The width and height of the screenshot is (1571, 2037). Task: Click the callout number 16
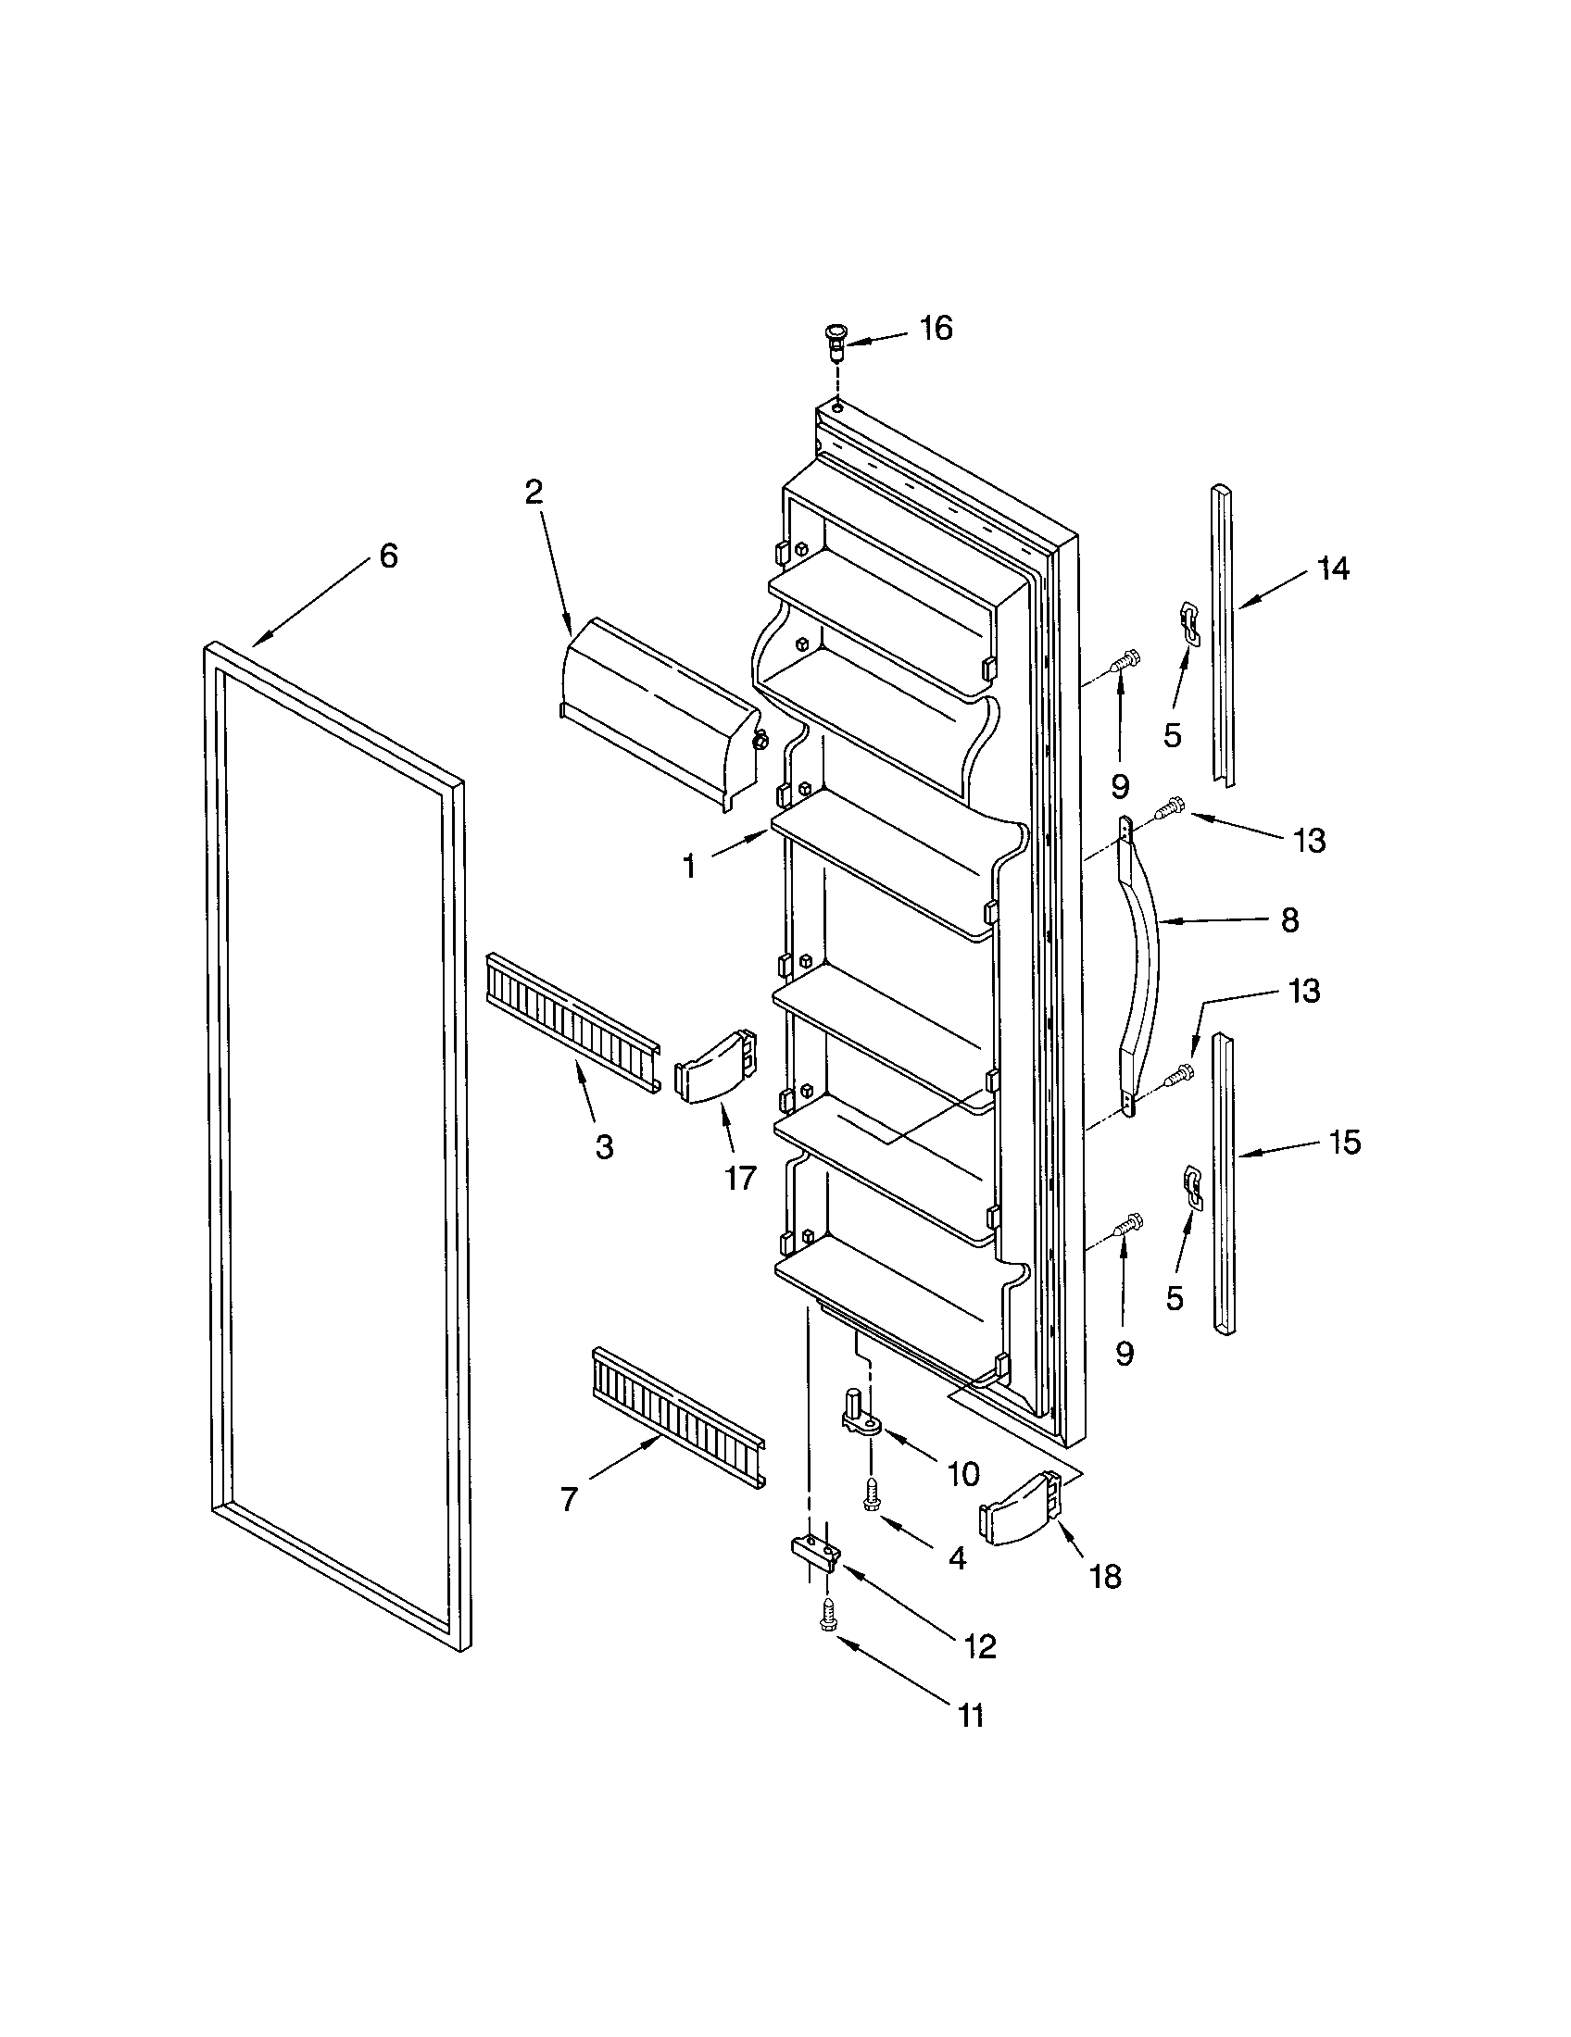pyautogui.click(x=936, y=329)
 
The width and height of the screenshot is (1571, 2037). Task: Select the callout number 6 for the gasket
pyautogui.click(x=388, y=556)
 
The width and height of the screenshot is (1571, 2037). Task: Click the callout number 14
pyautogui.click(x=1334, y=568)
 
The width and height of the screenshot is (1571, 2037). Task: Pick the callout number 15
pyautogui.click(x=1344, y=1143)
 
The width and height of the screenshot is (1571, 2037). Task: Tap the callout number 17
pyautogui.click(x=740, y=1179)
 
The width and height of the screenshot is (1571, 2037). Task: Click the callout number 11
pyautogui.click(x=971, y=1715)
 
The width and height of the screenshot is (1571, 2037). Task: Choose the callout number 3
pyautogui.click(x=604, y=1147)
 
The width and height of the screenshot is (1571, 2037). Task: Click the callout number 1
pyautogui.click(x=688, y=868)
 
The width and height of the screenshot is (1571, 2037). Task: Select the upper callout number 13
pyautogui.click(x=1310, y=841)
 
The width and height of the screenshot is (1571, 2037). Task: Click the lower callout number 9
pyautogui.click(x=1125, y=1354)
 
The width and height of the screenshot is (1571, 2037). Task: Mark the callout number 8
pyautogui.click(x=1289, y=921)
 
